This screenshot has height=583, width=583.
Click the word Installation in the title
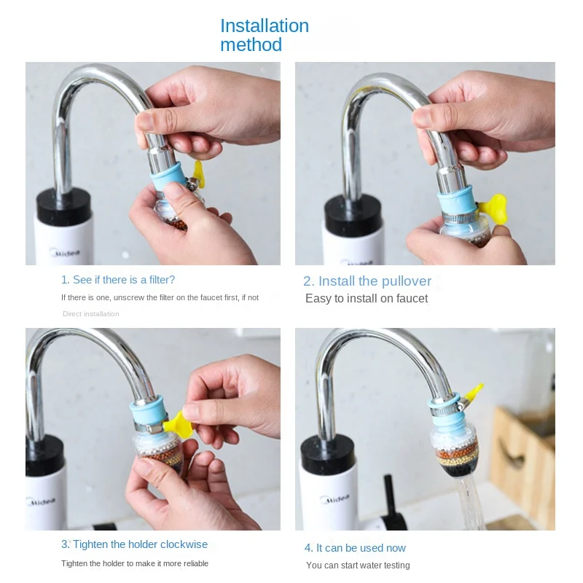click(x=265, y=26)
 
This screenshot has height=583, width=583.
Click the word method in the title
click(x=251, y=45)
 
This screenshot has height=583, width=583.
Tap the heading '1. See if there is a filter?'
click(x=118, y=280)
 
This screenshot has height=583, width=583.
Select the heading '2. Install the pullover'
click(x=367, y=281)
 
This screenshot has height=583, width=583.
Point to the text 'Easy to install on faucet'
click(x=367, y=299)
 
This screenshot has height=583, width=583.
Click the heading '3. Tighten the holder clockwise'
click(x=134, y=544)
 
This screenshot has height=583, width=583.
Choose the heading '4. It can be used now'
click(x=355, y=548)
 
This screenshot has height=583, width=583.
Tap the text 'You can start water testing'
click(x=358, y=566)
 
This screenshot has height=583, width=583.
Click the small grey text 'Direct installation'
click(x=91, y=314)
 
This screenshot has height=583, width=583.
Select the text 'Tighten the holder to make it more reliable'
click(x=135, y=563)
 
